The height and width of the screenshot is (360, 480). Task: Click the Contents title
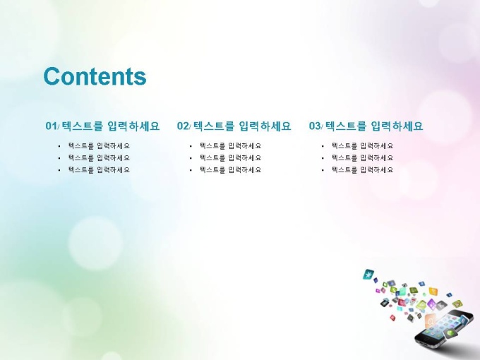point(95,76)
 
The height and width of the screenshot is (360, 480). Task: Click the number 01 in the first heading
point(51,126)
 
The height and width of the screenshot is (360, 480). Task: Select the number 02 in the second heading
point(183,126)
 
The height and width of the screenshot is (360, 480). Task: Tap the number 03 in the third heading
point(315,126)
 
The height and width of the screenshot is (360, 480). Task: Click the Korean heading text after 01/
point(111,126)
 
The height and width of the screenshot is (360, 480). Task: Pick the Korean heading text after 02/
point(242,126)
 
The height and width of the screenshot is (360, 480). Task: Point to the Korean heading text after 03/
point(374,126)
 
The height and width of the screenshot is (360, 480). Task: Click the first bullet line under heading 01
point(99,145)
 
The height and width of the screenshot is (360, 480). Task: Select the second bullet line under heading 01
point(99,157)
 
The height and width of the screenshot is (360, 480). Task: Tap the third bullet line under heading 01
point(99,169)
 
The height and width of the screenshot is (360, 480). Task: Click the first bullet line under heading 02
point(231,145)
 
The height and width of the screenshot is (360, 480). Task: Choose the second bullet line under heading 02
point(231,157)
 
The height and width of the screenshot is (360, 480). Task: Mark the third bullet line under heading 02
point(231,169)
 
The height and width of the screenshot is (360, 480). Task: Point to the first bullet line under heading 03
point(362,145)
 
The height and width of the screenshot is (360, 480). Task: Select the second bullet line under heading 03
point(362,157)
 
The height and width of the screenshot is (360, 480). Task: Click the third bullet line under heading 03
point(362,169)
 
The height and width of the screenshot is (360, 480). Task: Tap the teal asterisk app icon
point(368,275)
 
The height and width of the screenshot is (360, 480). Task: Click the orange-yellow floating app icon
point(433,291)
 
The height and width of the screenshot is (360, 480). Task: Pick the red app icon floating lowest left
point(392,318)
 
